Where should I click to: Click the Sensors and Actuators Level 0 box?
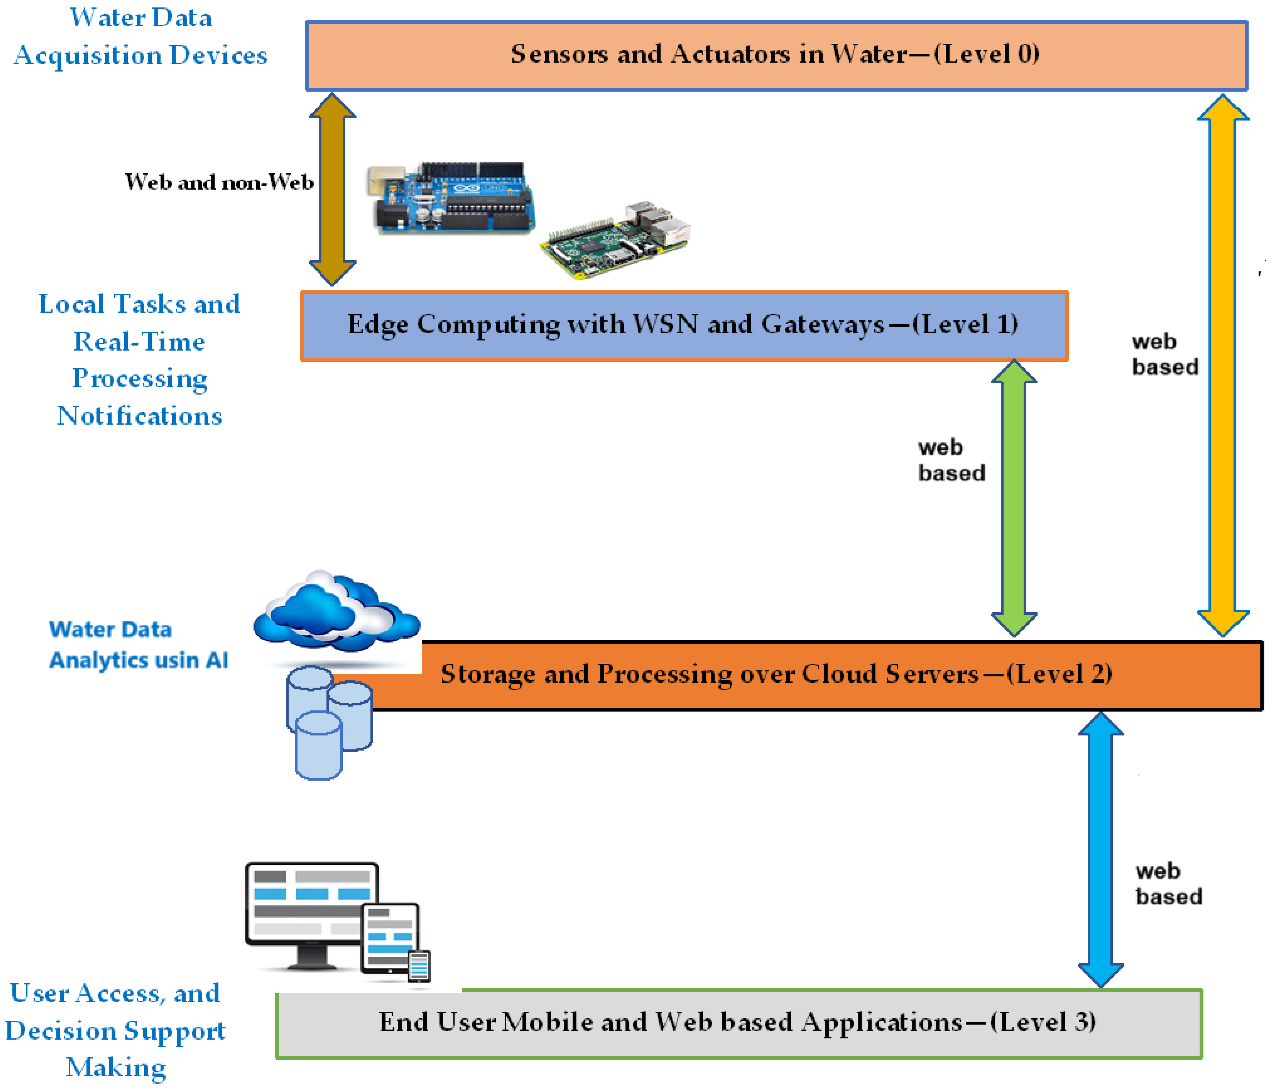pyautogui.click(x=777, y=55)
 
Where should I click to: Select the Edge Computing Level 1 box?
pyautogui.click(x=684, y=325)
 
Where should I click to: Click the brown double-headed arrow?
pyautogui.click(x=332, y=189)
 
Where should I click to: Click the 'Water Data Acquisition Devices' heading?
pyautogui.click(x=141, y=36)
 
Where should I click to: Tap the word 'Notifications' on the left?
pyautogui.click(x=140, y=416)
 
